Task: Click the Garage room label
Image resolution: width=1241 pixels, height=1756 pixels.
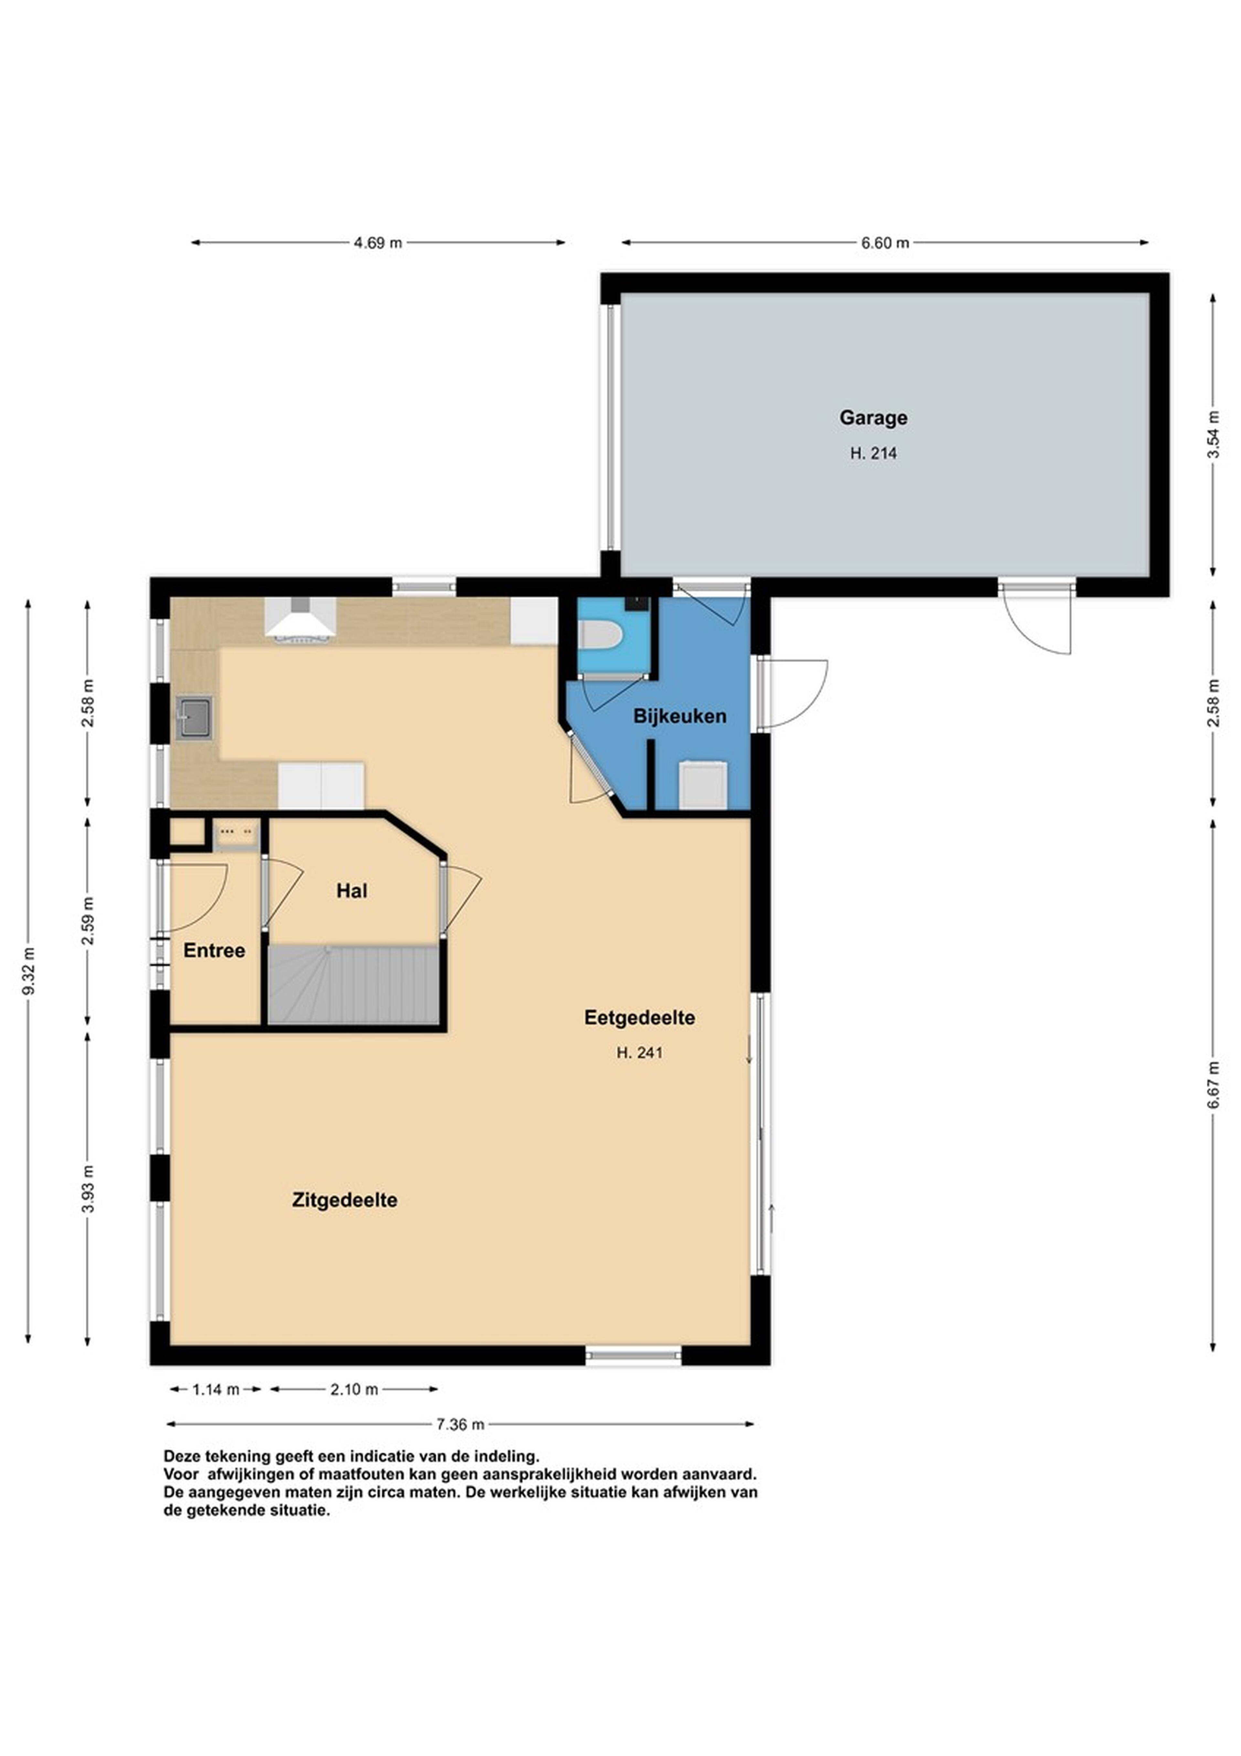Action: tap(873, 418)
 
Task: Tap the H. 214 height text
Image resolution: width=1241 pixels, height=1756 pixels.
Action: tap(873, 453)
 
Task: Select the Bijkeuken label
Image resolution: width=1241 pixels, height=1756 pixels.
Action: tap(680, 717)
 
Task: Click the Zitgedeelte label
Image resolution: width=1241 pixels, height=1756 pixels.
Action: tap(345, 1200)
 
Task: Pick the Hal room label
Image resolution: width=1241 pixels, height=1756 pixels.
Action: tap(352, 891)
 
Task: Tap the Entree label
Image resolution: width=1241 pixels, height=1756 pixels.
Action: tap(214, 951)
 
